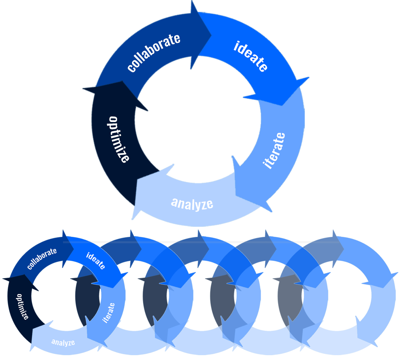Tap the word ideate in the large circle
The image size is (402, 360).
(251, 56)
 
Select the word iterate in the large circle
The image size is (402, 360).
(275, 151)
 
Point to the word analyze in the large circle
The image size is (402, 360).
(192, 203)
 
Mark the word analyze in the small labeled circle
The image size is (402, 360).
(63, 342)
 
